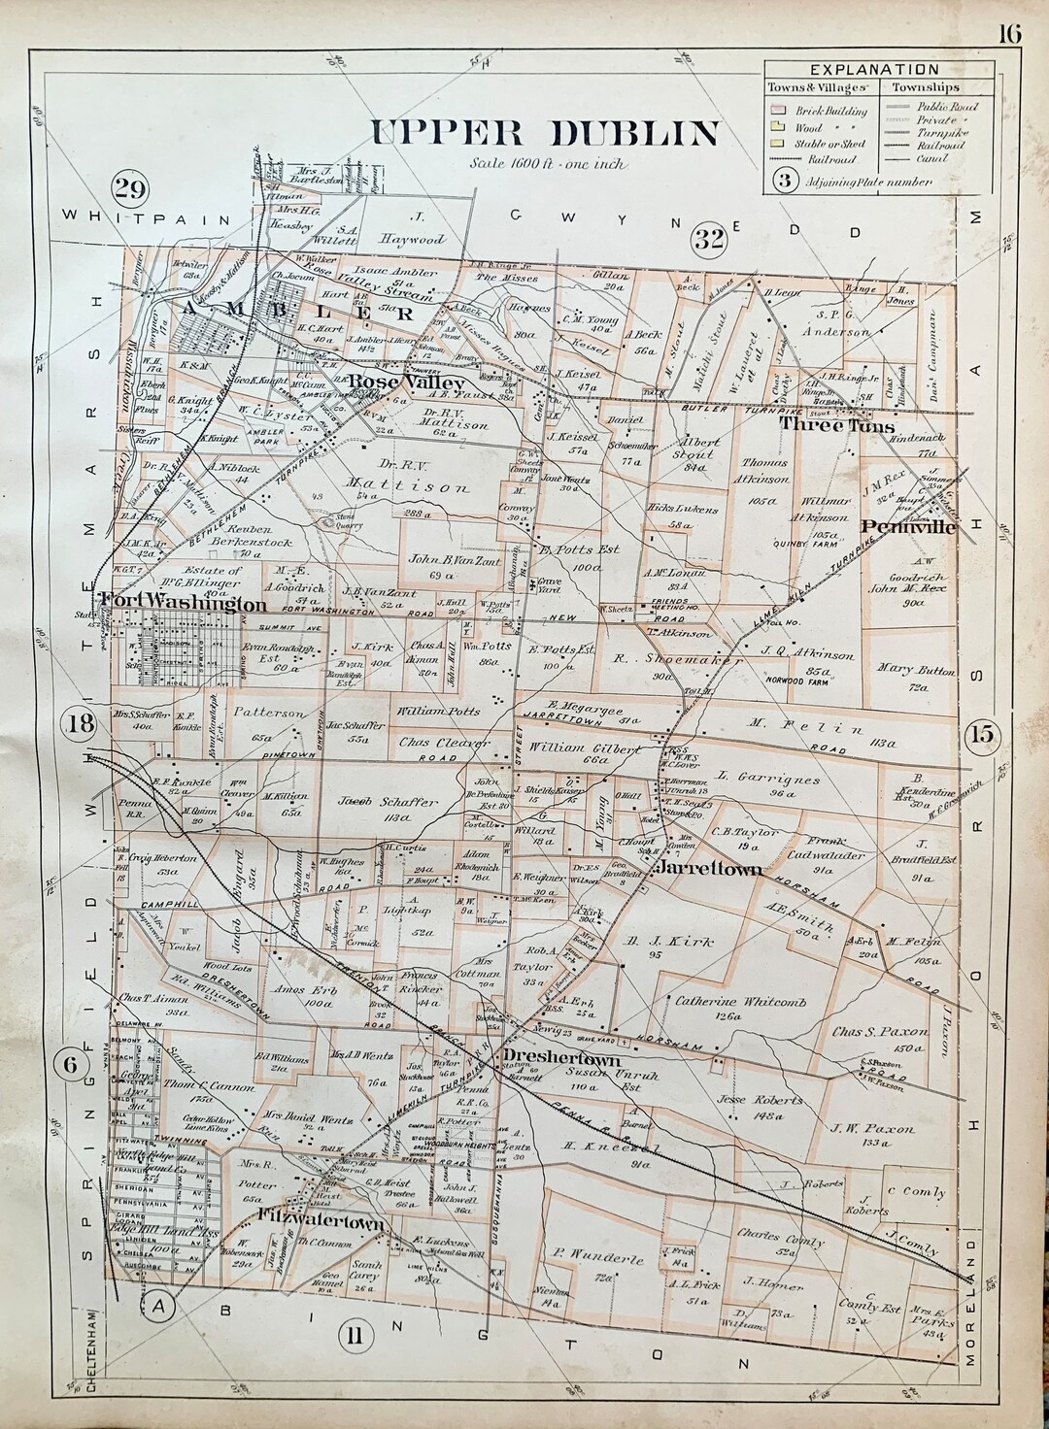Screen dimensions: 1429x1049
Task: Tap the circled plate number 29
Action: [x=128, y=187]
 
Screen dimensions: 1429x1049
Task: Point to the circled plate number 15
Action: [x=982, y=735]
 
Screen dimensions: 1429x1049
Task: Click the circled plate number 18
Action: [x=80, y=723]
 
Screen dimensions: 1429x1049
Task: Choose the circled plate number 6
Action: [x=70, y=1062]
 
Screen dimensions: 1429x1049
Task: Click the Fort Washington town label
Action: [x=184, y=605]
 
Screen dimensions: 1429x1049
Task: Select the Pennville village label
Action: [x=908, y=527]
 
